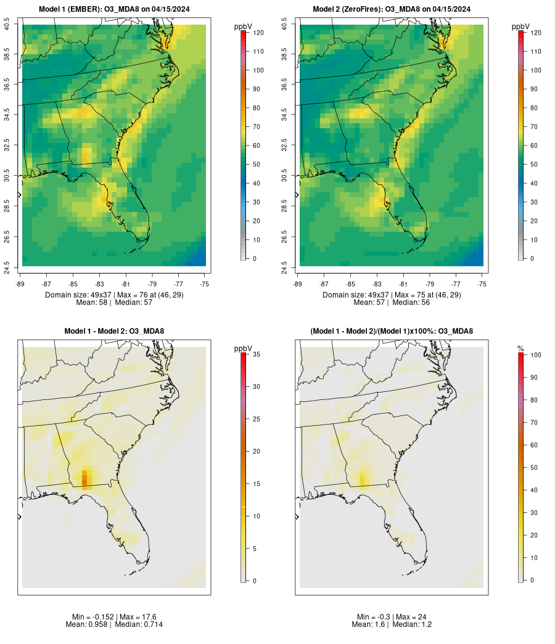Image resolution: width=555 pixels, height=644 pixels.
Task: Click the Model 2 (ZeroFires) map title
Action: pyautogui.click(x=391, y=9)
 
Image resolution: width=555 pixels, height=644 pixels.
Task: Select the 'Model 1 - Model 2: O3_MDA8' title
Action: pyautogui.click(x=114, y=332)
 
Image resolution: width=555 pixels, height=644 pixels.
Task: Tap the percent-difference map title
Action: pyautogui.click(x=392, y=332)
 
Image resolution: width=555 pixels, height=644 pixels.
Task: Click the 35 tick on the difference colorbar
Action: pyautogui.click(x=256, y=354)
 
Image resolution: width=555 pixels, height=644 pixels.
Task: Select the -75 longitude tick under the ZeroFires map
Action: pyautogui.click(x=482, y=283)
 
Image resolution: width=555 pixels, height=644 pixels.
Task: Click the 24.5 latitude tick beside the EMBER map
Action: pyautogui.click(x=7, y=266)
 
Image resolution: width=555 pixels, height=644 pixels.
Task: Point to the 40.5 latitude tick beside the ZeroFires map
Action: pyautogui.click(x=284, y=25)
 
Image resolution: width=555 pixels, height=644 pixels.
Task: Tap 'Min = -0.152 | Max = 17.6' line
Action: pyautogui.click(x=114, y=617)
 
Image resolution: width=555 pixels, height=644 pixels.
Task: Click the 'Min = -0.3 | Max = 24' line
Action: pyautogui.click(x=392, y=617)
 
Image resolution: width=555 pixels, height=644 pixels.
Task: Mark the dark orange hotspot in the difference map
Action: pyautogui.click(x=85, y=478)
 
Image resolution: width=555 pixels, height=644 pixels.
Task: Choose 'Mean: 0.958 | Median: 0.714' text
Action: pyautogui.click(x=114, y=625)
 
